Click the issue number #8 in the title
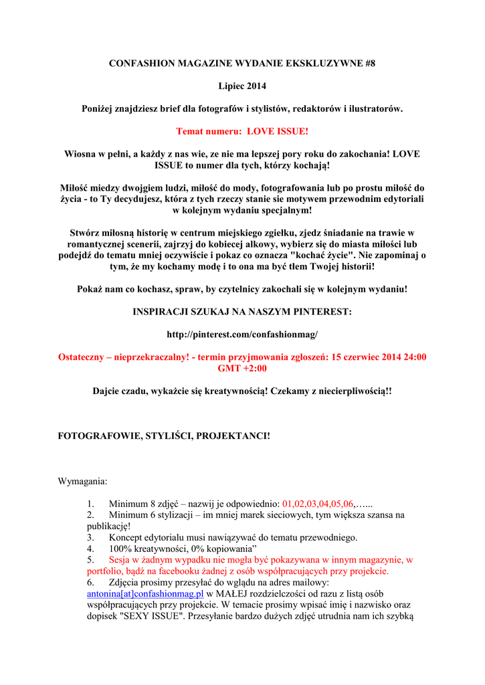pos(369,63)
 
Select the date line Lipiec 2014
pos(242,86)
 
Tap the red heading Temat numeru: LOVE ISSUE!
pos(242,131)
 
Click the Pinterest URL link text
pos(242,333)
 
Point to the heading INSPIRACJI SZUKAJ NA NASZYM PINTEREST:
pos(242,311)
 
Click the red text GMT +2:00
pos(242,368)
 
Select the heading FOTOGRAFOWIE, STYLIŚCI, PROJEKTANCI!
pos(165,435)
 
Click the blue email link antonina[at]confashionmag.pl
pos(145,593)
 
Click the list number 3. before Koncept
pos(90,537)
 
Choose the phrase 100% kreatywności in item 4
pos(149,549)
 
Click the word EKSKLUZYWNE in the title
pos(323,63)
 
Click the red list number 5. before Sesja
pos(90,560)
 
